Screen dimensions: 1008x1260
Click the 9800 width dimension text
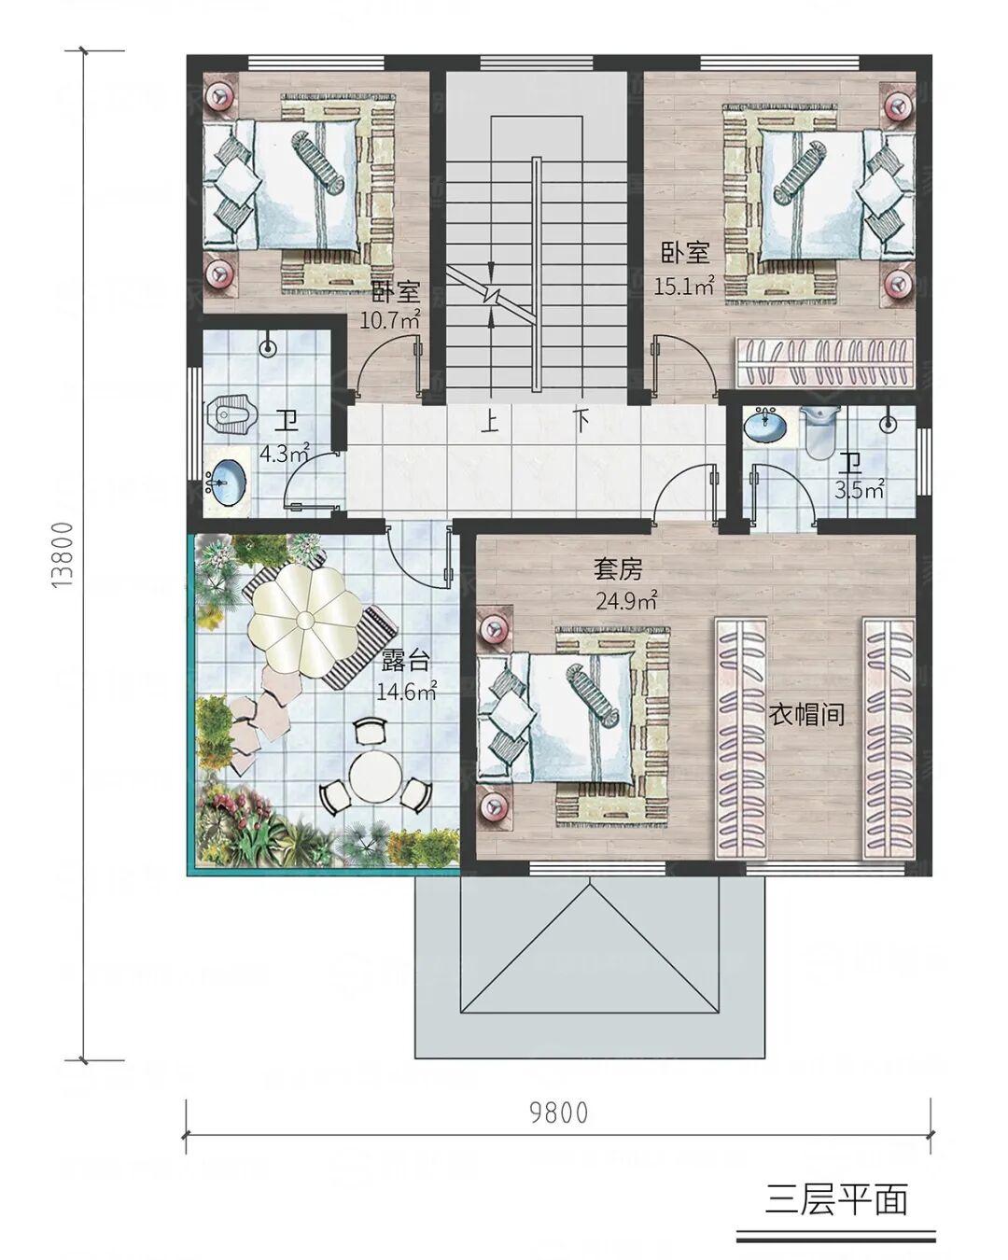558,1113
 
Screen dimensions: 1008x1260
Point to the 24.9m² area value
626,600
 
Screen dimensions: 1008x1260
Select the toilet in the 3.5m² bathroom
819,431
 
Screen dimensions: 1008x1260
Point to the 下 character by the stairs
581,421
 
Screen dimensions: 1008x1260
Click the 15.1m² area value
684,287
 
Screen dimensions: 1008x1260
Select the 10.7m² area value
390,320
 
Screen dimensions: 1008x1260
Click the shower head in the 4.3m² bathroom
268,348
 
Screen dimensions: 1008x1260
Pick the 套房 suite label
618,569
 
